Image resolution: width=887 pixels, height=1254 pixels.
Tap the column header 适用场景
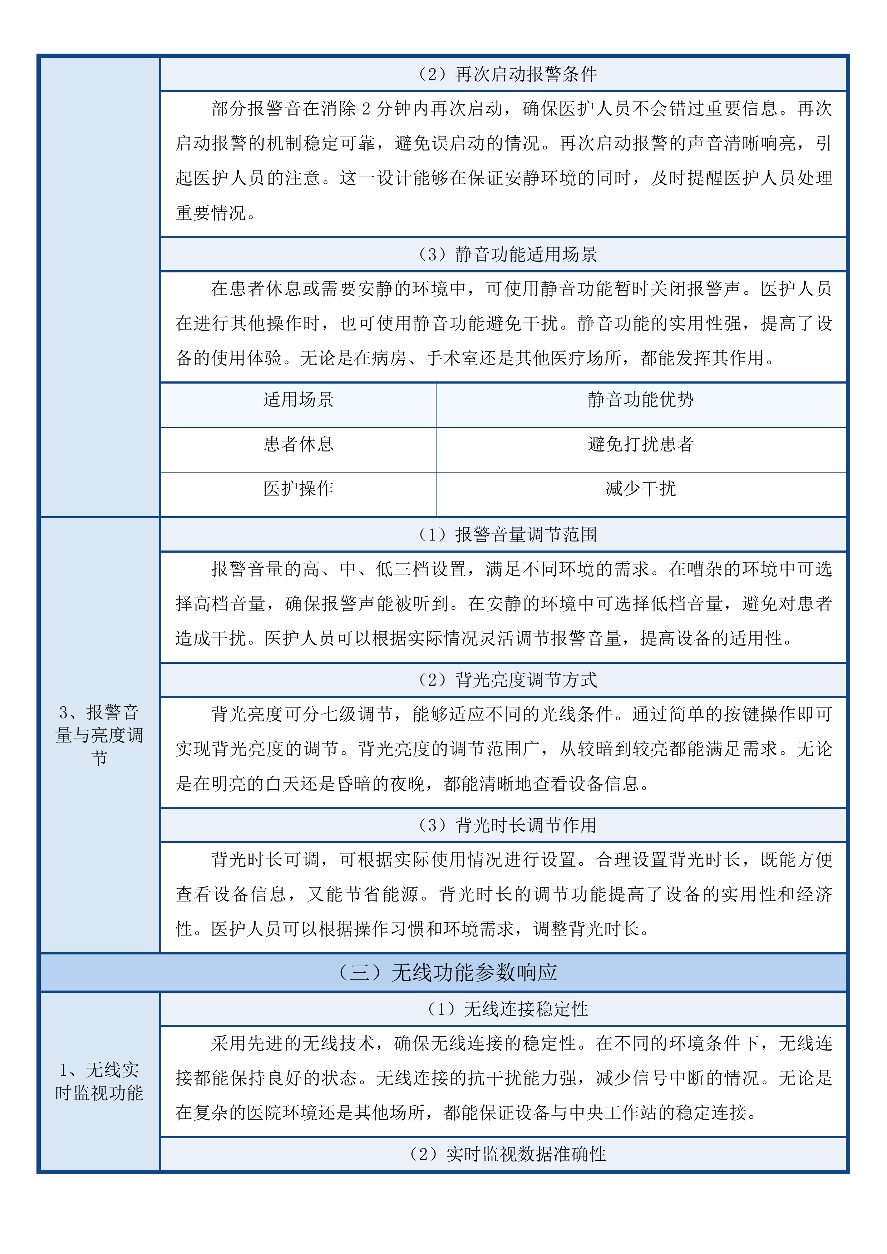point(298,400)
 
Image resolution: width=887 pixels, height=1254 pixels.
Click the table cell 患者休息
point(298,444)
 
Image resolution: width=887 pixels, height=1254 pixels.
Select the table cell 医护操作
point(298,489)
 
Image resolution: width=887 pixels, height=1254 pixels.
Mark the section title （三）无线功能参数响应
point(448,973)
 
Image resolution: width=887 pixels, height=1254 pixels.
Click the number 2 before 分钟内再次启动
point(366,109)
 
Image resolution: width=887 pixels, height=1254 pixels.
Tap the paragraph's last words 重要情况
point(211,213)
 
